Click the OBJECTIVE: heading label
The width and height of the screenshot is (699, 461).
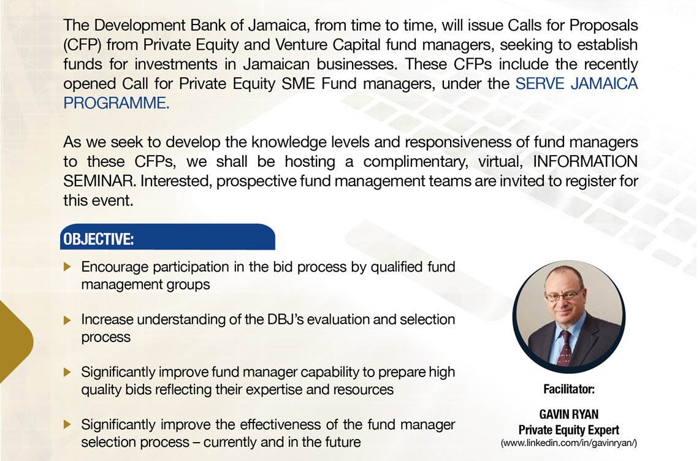point(99,239)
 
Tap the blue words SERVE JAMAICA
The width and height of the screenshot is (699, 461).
point(576,83)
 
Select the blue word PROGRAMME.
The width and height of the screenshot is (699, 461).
point(116,103)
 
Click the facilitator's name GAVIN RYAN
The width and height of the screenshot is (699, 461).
point(569,414)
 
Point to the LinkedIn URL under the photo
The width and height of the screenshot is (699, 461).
point(569,443)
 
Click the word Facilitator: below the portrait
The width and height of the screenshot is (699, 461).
point(569,389)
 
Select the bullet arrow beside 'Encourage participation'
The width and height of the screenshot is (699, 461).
point(67,267)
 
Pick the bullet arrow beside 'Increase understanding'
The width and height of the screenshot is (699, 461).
point(67,319)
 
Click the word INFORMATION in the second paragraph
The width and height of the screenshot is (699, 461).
point(586,161)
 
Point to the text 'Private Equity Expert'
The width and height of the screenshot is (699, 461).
point(569,430)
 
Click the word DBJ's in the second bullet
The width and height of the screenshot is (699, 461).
point(285,319)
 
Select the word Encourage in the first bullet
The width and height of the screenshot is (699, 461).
point(115,267)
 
